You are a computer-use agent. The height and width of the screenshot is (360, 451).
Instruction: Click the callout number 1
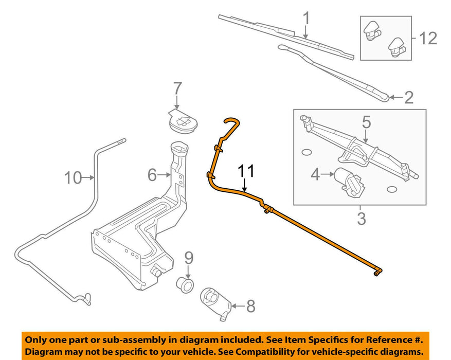(306, 20)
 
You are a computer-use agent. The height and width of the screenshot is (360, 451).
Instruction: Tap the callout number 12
(427, 38)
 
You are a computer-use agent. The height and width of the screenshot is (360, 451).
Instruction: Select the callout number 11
(246, 172)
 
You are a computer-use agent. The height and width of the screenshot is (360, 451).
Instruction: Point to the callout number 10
(74, 178)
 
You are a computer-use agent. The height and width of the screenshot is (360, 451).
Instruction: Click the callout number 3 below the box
(362, 219)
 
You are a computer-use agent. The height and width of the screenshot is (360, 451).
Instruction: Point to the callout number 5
(366, 122)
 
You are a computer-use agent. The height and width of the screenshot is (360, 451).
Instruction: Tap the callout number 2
(409, 97)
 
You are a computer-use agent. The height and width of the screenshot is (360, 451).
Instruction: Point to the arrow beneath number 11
(246, 186)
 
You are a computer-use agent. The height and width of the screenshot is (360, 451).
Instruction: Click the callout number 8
(250, 307)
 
